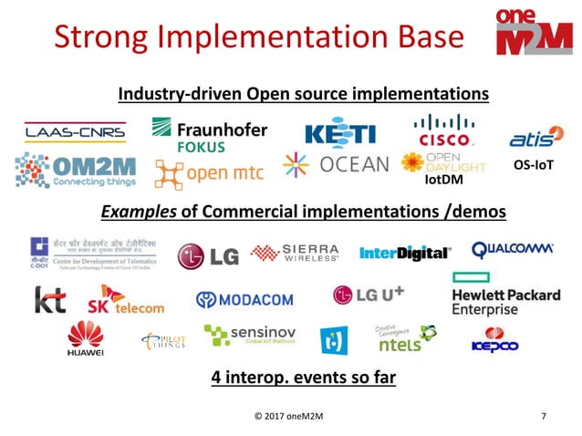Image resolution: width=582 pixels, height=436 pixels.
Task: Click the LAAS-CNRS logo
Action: click(x=75, y=132)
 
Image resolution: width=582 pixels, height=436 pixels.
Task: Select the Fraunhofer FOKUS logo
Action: click(x=209, y=133)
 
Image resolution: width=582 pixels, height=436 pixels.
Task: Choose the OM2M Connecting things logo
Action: click(x=76, y=171)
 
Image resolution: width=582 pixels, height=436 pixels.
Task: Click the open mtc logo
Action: click(x=209, y=171)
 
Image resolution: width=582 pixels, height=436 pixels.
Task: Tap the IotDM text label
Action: click(x=445, y=181)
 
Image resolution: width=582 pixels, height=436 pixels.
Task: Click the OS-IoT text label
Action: click(x=535, y=165)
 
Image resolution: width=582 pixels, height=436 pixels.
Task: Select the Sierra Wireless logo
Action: click(x=295, y=253)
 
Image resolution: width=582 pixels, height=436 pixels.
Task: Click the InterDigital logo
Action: click(x=404, y=253)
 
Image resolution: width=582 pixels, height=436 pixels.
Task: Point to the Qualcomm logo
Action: click(x=513, y=249)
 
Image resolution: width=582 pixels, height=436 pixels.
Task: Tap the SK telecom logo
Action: click(x=126, y=299)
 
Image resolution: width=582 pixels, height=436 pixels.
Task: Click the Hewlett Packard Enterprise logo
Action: click(x=505, y=295)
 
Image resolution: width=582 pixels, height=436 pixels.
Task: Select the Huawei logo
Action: click(x=86, y=339)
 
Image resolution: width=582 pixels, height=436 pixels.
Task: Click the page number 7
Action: click(x=544, y=417)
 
